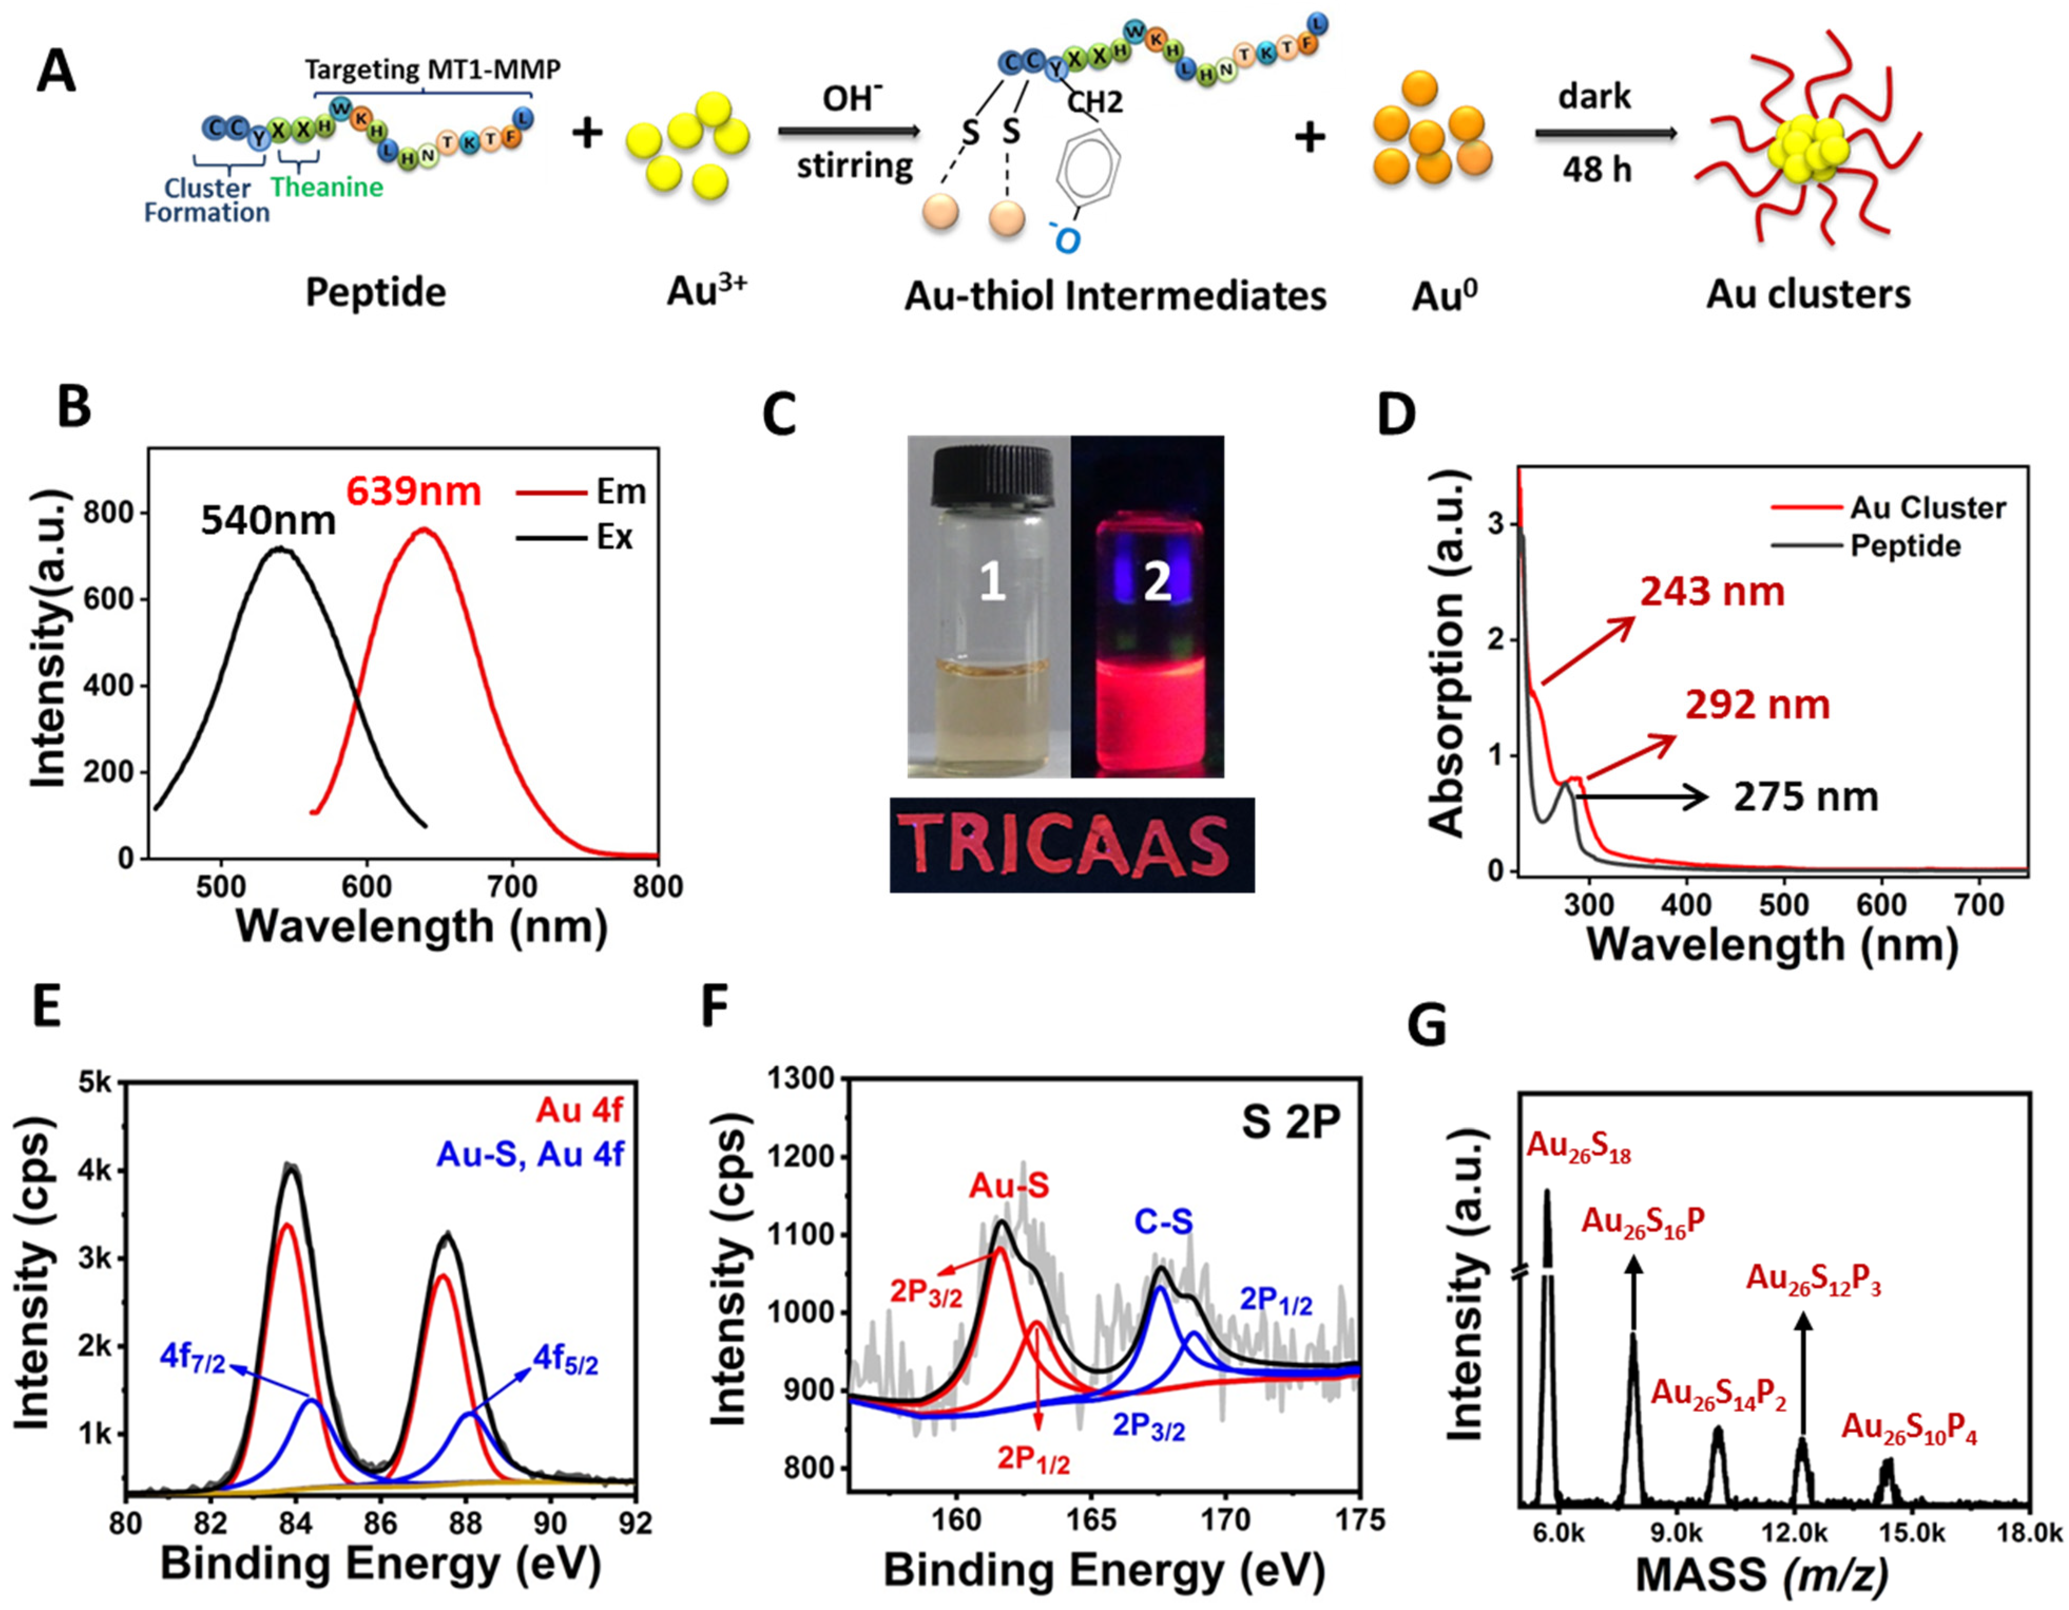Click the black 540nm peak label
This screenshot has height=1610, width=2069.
(x=268, y=521)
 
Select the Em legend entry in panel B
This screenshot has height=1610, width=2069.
(x=581, y=492)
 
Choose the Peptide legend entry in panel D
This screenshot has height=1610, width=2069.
(x=1904, y=547)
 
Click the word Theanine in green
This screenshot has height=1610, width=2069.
(x=327, y=187)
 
